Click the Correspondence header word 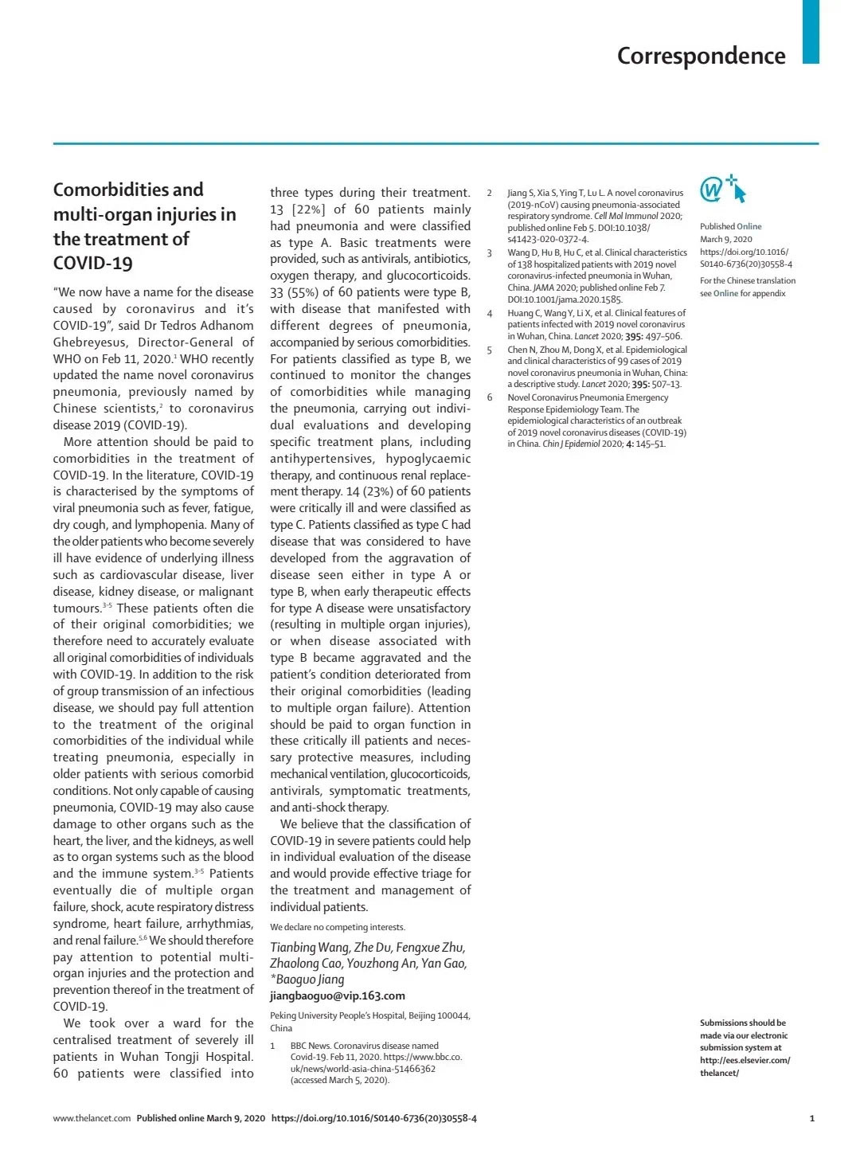701,56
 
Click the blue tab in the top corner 810,32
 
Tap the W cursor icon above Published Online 722,190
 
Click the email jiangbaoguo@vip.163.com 337,995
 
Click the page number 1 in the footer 811,1118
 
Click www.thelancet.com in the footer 92,1118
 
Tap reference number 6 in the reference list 490,397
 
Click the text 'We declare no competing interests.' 337,927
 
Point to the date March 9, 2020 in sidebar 725,239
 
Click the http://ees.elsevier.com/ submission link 745,1060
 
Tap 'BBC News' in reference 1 309,1046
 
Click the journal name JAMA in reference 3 545,287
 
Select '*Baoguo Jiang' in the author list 307,979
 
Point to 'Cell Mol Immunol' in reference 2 626,216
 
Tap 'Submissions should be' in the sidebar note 742,1023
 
